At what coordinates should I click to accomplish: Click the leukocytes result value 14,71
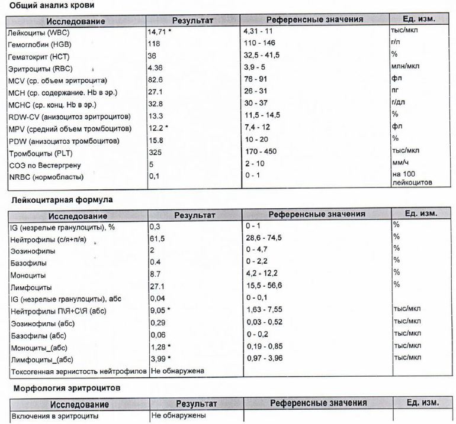click(x=158, y=30)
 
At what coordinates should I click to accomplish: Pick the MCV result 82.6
click(x=156, y=80)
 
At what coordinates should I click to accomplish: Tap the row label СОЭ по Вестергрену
click(x=45, y=165)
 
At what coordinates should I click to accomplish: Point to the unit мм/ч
click(x=400, y=164)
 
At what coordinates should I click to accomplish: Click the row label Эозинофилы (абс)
click(x=41, y=322)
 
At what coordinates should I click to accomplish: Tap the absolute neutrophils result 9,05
click(x=158, y=310)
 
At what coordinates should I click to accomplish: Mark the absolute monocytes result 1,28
click(x=158, y=346)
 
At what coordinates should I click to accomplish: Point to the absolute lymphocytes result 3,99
click(x=158, y=358)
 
